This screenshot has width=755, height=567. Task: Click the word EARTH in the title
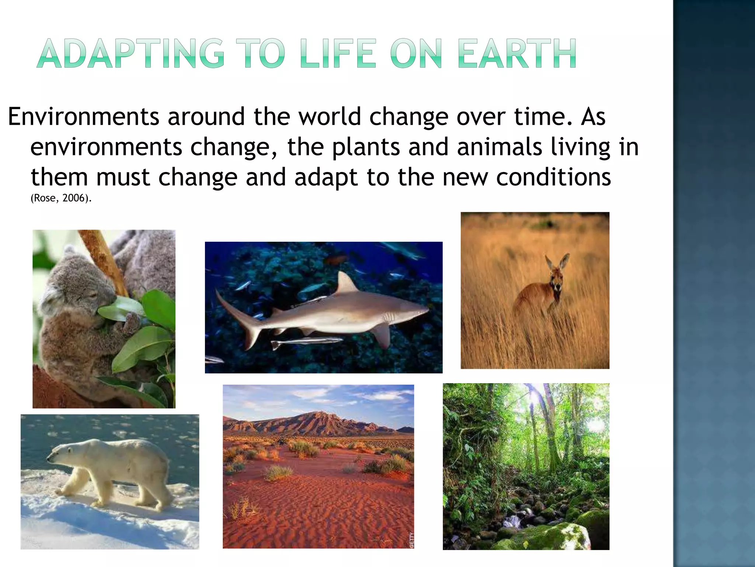(x=517, y=54)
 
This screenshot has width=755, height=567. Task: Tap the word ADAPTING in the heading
(x=131, y=54)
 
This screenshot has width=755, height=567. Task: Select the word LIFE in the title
(x=338, y=54)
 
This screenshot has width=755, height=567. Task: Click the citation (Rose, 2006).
(x=61, y=198)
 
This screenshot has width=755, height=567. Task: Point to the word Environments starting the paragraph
(x=84, y=117)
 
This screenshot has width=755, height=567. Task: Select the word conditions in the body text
(x=553, y=178)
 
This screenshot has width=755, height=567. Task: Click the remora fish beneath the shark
(x=306, y=342)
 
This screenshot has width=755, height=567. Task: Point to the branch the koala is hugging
(x=103, y=258)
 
